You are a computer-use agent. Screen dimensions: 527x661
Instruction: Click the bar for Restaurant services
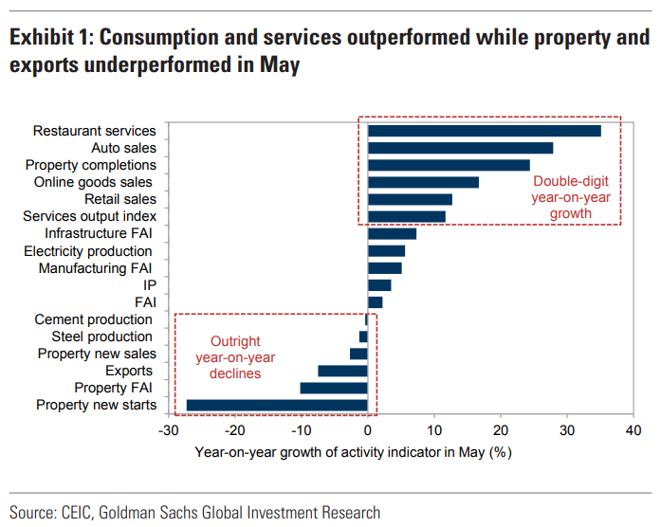(484, 131)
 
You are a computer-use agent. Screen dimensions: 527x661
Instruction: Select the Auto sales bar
(460, 148)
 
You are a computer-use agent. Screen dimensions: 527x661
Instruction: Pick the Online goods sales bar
(423, 182)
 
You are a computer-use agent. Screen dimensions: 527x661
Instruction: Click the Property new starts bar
(277, 405)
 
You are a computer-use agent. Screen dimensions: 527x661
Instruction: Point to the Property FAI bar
(334, 388)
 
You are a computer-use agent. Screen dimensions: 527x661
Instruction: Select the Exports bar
(342, 371)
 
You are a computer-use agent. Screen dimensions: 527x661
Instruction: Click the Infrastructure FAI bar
(392, 233)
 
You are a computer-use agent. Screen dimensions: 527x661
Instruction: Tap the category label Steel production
(101, 336)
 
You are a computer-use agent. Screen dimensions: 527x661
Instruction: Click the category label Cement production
(93, 319)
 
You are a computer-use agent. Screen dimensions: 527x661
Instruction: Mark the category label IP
(149, 285)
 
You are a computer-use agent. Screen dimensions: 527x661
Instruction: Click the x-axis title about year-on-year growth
(353, 452)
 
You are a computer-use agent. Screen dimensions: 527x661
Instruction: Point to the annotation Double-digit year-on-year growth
(572, 198)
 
